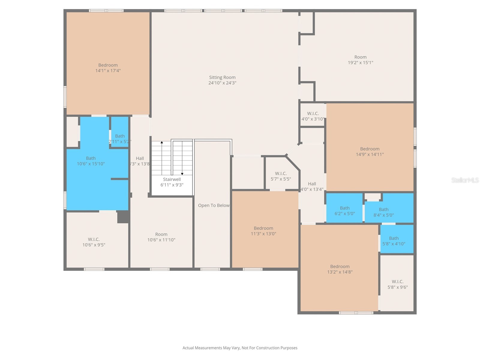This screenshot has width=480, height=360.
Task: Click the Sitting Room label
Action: (x=222, y=77)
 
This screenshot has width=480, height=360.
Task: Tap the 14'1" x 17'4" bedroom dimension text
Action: (x=108, y=71)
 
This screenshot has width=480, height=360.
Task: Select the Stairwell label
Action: (x=172, y=179)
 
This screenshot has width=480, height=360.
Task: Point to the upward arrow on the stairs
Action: (x=162, y=142)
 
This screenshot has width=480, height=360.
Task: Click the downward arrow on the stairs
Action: (x=182, y=174)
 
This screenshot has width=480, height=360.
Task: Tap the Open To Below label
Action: (x=214, y=205)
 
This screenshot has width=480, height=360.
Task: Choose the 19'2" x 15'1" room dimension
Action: (x=360, y=63)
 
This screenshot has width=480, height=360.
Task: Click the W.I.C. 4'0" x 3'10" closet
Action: (x=313, y=116)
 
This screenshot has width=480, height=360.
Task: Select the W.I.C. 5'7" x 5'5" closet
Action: (x=280, y=176)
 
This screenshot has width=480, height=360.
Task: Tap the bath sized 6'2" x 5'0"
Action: (x=344, y=211)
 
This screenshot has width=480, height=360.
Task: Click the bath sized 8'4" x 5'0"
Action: (x=383, y=212)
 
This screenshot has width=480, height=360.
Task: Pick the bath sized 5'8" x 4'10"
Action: (x=394, y=241)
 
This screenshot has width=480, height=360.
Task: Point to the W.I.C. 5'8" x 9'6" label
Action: (x=397, y=284)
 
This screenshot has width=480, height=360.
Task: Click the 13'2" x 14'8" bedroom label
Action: (x=340, y=269)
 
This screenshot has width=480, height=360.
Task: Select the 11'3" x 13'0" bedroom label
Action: (x=263, y=231)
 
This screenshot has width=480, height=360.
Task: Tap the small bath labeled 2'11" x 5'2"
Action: (x=120, y=139)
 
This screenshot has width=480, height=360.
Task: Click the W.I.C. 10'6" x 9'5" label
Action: (x=94, y=242)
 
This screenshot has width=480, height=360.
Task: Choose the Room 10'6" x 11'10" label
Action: (x=161, y=237)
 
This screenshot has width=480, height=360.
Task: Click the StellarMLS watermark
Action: (x=465, y=180)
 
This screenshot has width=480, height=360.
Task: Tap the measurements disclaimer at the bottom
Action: (x=240, y=348)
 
